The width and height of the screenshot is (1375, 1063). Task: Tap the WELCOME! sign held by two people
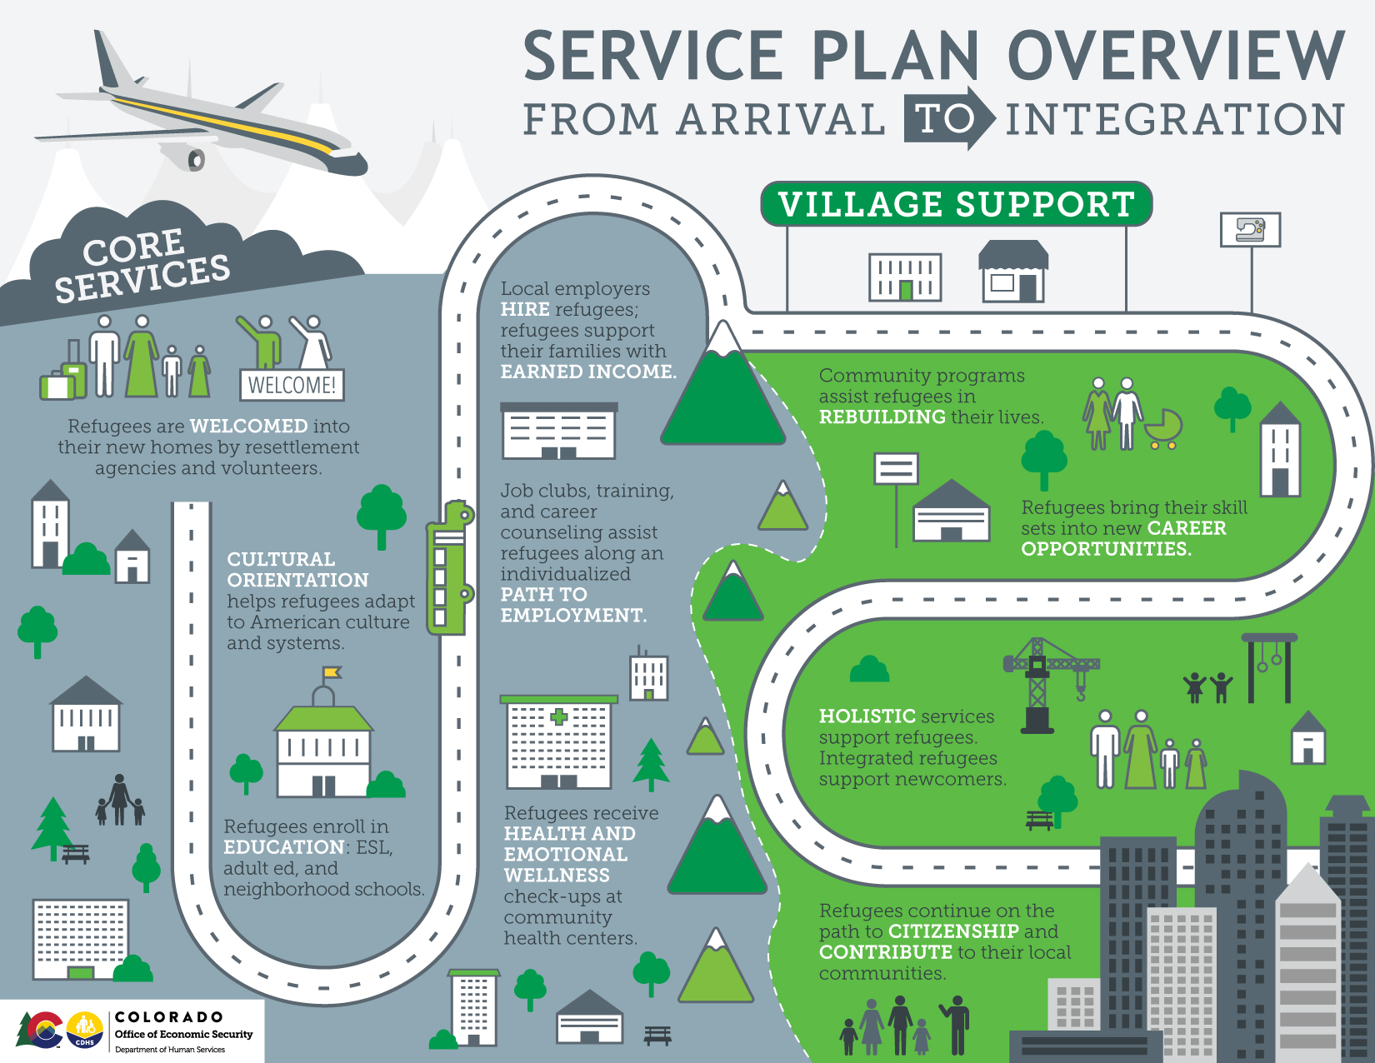[x=292, y=385]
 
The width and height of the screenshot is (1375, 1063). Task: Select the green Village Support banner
[x=956, y=204]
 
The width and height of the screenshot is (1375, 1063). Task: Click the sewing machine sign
[x=1250, y=229]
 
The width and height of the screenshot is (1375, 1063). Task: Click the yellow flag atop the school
[x=332, y=672]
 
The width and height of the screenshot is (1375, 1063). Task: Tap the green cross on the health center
[x=558, y=716]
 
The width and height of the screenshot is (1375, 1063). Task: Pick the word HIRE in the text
[x=525, y=310]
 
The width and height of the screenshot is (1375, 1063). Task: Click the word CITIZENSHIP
[x=953, y=931]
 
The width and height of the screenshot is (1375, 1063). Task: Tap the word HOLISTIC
[x=867, y=716]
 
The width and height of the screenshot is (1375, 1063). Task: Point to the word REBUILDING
[x=882, y=417]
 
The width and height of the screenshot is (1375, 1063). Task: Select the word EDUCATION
[x=283, y=847]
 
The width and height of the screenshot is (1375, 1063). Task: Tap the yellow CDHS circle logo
[x=84, y=1030]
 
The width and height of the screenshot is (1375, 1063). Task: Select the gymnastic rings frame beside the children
[x=1269, y=666]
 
